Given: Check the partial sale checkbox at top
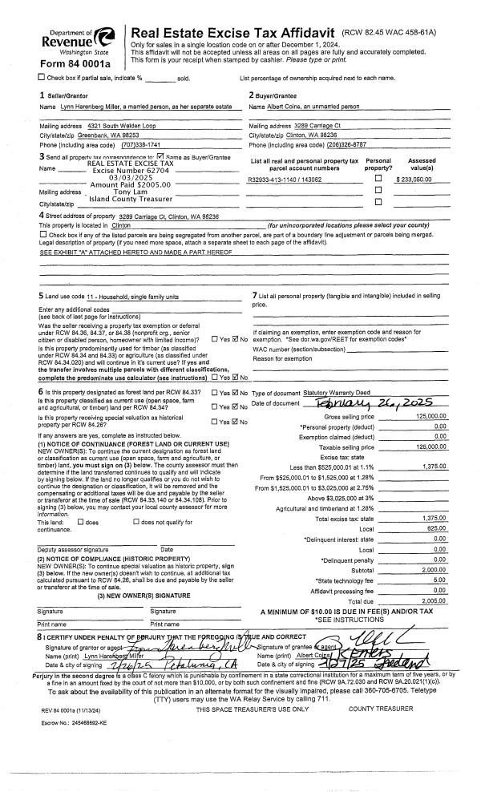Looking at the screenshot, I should pos(42,77).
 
